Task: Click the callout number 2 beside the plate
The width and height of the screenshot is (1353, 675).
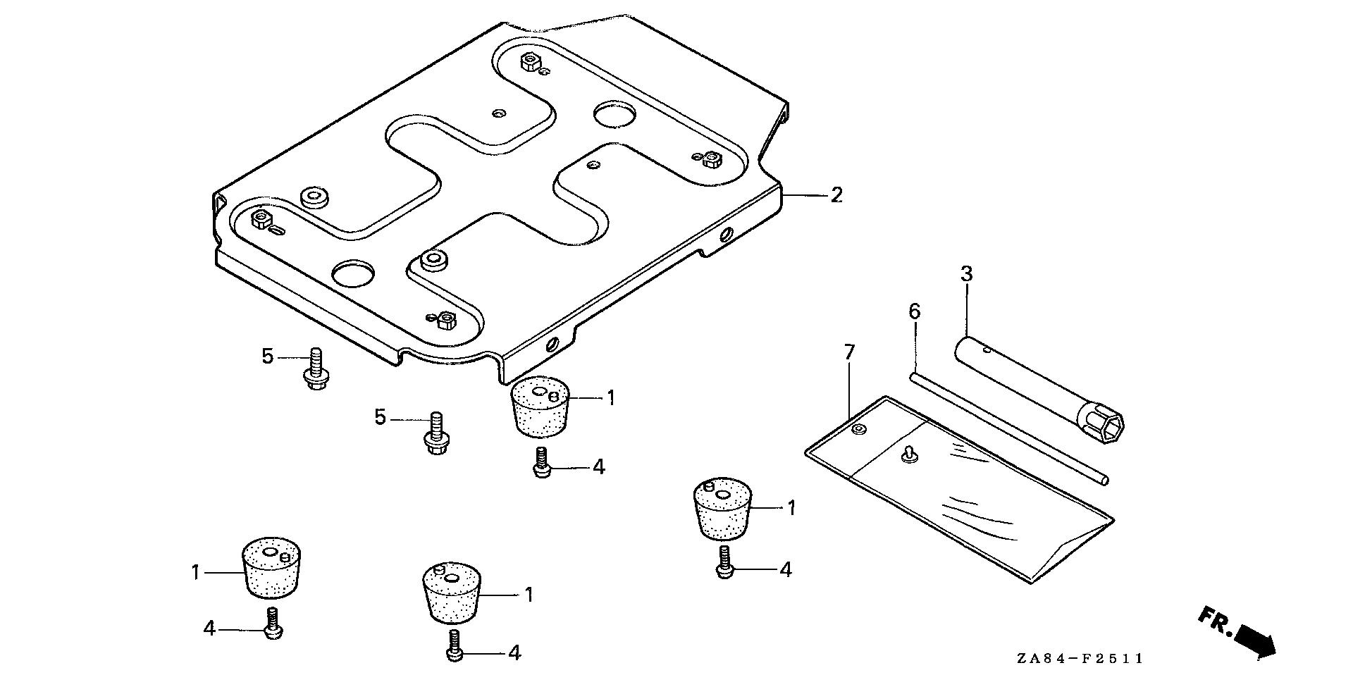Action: click(x=836, y=195)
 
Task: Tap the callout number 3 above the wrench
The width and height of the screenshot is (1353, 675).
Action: click(x=967, y=275)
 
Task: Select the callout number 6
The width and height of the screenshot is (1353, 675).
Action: click(x=914, y=311)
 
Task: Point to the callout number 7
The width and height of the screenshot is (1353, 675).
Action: click(x=849, y=352)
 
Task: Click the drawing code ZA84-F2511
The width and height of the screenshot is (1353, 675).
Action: click(x=1080, y=659)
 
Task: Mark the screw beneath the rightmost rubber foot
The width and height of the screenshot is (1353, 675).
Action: click(x=724, y=564)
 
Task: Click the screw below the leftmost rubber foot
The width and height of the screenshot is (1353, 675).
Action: click(x=273, y=624)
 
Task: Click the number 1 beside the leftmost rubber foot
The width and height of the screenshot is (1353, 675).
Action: click(x=197, y=572)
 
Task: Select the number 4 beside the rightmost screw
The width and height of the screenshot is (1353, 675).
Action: click(x=786, y=569)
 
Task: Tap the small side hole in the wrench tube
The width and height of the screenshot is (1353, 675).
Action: click(x=989, y=349)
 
